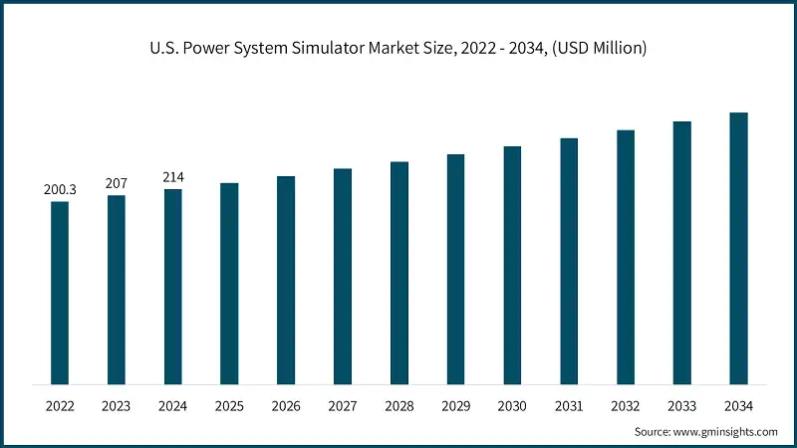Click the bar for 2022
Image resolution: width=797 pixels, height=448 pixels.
tap(60, 293)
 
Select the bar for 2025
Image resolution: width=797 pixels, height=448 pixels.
tap(229, 284)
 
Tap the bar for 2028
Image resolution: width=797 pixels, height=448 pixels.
tap(399, 273)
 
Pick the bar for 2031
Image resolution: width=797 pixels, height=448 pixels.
tap(569, 261)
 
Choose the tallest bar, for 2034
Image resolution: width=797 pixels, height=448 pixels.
tap(739, 248)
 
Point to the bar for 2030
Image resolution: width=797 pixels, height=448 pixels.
tap(512, 265)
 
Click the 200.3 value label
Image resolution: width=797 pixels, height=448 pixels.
tap(60, 189)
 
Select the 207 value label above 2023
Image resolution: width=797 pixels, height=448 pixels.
tap(117, 183)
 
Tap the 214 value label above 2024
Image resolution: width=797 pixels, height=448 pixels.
tap(173, 177)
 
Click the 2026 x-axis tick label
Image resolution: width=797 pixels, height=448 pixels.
tap(286, 406)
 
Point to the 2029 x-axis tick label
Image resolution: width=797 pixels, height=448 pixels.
tap(455, 406)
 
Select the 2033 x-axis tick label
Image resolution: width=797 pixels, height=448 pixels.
tap(682, 406)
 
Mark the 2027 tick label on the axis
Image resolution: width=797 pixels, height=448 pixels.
tap(343, 406)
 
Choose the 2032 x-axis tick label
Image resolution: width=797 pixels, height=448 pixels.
tap(626, 406)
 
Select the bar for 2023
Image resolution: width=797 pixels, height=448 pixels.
tap(117, 290)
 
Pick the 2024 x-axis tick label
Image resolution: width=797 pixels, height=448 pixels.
tap(173, 406)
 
